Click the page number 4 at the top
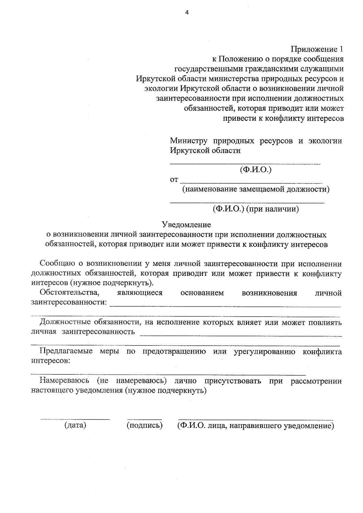[x=187, y=12]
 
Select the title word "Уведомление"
[x=186, y=225]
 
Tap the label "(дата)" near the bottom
[x=75, y=425]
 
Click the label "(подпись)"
[x=145, y=425]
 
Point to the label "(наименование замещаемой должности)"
[x=256, y=190]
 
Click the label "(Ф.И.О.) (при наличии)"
[x=256, y=209]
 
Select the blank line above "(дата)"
[x=75, y=419]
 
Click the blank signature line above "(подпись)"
[x=145, y=419]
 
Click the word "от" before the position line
[x=174, y=180]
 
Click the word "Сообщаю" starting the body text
[x=57, y=264]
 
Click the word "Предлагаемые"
[x=66, y=351]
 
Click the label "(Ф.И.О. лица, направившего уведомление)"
[x=256, y=426]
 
